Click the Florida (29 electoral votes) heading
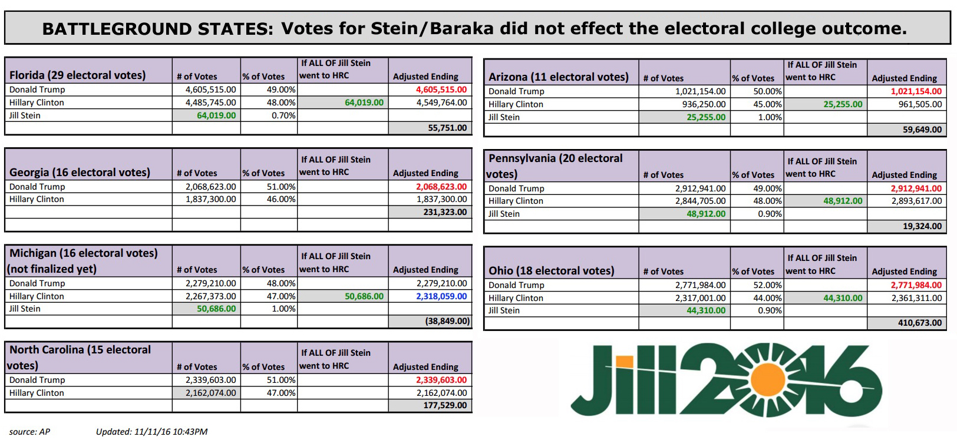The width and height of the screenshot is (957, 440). (77, 75)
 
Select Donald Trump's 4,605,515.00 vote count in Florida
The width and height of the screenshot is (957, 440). (210, 90)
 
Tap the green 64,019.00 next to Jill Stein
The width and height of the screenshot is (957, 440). (216, 115)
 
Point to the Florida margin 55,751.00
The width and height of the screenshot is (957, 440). (447, 128)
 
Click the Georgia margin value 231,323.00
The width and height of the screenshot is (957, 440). (444, 212)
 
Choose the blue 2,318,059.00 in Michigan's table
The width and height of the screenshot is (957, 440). (441, 296)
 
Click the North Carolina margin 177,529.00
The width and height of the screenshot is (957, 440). (444, 405)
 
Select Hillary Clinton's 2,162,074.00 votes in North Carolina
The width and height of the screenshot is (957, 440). (210, 393)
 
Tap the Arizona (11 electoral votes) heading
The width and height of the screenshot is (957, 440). (558, 77)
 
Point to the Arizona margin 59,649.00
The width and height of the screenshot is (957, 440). (922, 130)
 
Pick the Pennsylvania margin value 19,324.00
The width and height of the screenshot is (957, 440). (922, 226)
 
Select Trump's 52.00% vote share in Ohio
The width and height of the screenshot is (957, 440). (767, 285)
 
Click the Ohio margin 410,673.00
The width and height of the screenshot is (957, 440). (919, 323)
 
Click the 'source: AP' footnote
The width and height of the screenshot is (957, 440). (29, 432)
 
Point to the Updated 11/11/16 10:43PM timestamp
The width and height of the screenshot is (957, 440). (151, 432)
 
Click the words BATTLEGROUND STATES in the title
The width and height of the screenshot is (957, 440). (157, 29)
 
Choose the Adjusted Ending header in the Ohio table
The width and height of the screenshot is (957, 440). (904, 272)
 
